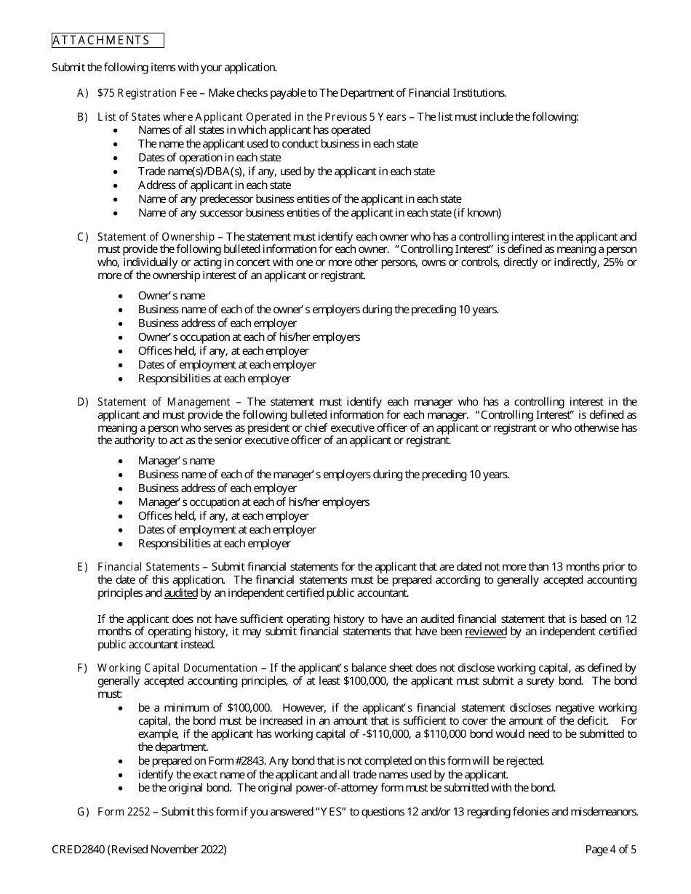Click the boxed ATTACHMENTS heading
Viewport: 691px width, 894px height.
[x=108, y=41]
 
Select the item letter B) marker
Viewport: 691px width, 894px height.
[x=82, y=116]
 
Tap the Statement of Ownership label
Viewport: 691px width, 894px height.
[x=156, y=237]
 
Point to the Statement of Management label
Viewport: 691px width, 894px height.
[x=164, y=402]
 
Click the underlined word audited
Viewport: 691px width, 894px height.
[x=181, y=594]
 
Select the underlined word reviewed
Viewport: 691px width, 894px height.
[x=486, y=632]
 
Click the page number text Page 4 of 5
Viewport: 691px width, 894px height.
[x=611, y=850]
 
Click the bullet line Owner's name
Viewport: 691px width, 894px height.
[x=172, y=296]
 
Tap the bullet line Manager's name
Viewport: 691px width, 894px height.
[x=177, y=461]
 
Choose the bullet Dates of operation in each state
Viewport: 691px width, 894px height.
[x=209, y=158]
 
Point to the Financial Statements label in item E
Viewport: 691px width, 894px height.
[x=148, y=567]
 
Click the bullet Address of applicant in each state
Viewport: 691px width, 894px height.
[x=215, y=185]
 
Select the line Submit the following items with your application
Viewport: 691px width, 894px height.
[x=164, y=68]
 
